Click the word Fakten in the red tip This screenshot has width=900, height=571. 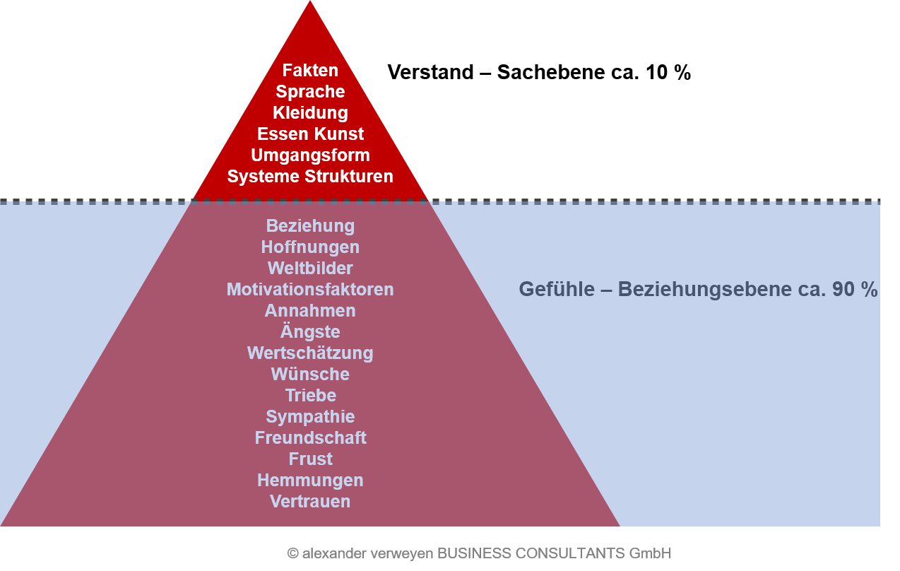(x=310, y=71)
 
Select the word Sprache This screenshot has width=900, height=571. (x=310, y=92)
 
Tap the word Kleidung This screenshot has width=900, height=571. (x=310, y=113)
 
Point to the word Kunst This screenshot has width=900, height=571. (x=341, y=134)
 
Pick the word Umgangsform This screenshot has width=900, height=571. (x=310, y=155)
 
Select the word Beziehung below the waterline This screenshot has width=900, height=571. (x=310, y=226)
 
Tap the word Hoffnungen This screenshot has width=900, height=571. (x=310, y=247)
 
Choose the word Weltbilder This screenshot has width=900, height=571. (x=310, y=269)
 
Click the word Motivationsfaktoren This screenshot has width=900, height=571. (x=310, y=290)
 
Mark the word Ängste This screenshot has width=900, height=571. (x=310, y=331)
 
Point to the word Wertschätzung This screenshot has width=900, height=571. (x=310, y=353)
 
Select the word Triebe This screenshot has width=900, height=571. (x=310, y=396)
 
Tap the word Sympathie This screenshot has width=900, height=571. (x=310, y=417)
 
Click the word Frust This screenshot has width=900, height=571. (x=310, y=459)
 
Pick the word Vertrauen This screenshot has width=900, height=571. (x=310, y=502)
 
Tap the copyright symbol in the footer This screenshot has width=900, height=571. (x=292, y=553)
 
